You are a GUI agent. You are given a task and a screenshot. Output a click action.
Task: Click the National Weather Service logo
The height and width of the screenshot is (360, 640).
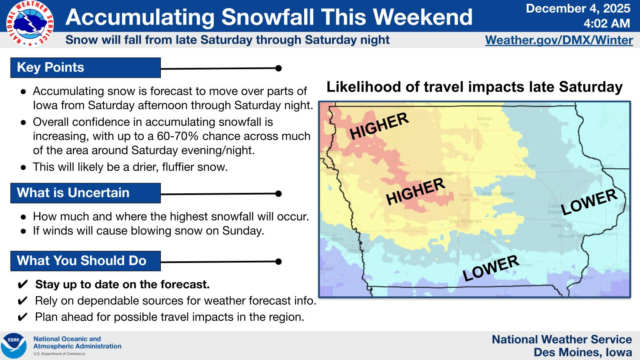click(x=30, y=24)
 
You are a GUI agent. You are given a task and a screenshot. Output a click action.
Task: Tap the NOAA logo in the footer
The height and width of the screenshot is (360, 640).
click(x=13, y=345)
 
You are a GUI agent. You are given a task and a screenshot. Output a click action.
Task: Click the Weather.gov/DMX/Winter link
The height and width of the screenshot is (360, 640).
click(x=559, y=40)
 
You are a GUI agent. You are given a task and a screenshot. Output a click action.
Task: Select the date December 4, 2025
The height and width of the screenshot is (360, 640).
click(x=578, y=8)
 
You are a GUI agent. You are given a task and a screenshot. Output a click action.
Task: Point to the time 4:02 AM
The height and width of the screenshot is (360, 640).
click(x=606, y=23)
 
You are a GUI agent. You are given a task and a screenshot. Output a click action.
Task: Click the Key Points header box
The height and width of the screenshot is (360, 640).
click(x=85, y=67)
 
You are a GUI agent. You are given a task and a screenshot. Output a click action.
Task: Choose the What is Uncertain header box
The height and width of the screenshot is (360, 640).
click(x=85, y=193)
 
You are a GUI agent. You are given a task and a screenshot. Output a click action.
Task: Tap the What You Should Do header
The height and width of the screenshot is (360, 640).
click(x=85, y=261)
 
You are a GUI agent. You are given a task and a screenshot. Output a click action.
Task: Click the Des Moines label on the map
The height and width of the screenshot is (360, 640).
click(x=465, y=221)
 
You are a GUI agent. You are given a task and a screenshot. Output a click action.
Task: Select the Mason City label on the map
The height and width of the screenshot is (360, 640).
click(x=485, y=121)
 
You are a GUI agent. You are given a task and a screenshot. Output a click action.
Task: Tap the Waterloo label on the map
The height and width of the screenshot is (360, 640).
click(x=525, y=165)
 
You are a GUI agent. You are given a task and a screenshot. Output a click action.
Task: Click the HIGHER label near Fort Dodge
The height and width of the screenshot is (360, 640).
click(x=415, y=191)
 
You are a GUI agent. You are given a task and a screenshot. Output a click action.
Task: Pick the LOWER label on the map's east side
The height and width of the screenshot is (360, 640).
click(x=589, y=202)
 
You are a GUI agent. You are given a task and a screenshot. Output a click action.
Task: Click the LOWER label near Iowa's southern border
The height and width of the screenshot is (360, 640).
click(x=490, y=268)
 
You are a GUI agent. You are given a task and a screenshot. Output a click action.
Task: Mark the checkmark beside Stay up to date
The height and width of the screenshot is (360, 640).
click(x=23, y=285)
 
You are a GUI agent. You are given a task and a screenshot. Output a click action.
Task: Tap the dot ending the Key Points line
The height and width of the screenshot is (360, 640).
click(x=278, y=68)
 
